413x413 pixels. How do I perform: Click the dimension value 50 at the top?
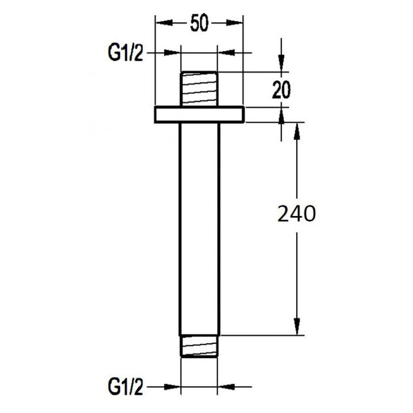pos(199,24)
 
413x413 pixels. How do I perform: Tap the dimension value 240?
pos(296,214)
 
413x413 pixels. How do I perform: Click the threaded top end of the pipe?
pos(199,89)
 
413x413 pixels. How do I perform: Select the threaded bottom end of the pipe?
pos(199,346)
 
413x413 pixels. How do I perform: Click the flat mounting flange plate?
pos(199,114)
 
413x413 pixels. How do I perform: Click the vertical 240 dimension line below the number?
pos(296,271)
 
